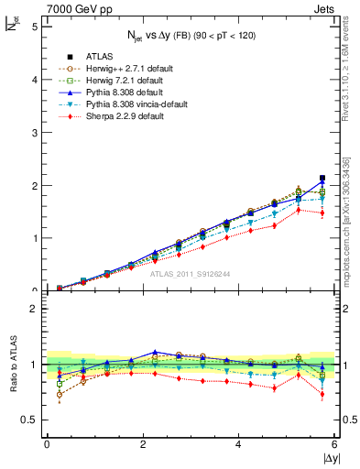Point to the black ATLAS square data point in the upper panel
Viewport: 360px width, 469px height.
(x=322, y=178)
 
